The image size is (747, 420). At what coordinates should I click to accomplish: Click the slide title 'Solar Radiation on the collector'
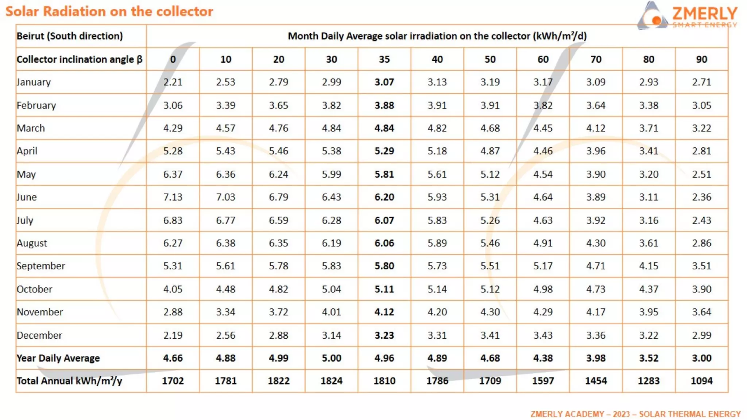click(x=109, y=12)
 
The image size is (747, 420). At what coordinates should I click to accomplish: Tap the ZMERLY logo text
click(x=704, y=14)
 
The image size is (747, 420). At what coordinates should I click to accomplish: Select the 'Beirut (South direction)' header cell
click(x=70, y=36)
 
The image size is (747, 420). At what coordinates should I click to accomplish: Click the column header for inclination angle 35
click(x=384, y=59)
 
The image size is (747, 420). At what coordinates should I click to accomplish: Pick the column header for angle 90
click(x=701, y=59)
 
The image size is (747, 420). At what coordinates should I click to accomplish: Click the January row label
click(x=34, y=82)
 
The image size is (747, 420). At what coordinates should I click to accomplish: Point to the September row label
click(x=41, y=266)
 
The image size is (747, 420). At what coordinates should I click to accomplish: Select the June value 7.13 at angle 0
click(x=173, y=197)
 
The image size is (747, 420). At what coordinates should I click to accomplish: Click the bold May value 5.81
click(x=384, y=174)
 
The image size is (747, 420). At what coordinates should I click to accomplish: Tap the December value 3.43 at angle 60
click(x=543, y=335)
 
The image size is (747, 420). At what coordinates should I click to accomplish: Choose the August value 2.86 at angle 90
click(x=701, y=243)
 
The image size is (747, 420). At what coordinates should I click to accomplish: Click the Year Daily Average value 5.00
click(x=331, y=358)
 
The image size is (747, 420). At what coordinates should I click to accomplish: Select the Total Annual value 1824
click(x=331, y=381)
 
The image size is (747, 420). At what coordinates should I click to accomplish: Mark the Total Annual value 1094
click(x=701, y=381)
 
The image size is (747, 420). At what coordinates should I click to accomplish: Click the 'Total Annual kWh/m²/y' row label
click(x=69, y=381)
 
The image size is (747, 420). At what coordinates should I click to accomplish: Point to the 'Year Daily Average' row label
click(x=58, y=358)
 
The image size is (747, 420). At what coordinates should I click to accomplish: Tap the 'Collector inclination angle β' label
click(x=80, y=59)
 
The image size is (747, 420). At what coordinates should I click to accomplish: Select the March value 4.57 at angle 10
click(x=225, y=128)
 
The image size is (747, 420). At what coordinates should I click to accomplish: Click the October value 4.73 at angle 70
click(x=596, y=289)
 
